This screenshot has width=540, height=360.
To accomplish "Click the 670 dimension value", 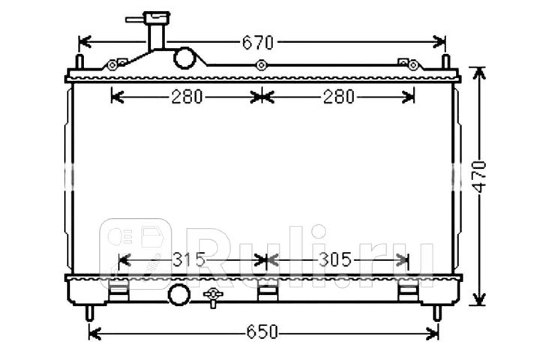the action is [258, 43].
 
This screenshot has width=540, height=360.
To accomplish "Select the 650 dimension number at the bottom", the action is [262, 332].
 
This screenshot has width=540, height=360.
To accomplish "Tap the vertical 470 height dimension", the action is [479, 177].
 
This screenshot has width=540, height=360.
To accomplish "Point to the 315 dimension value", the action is [189, 260].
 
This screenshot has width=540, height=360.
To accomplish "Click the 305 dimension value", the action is [335, 260].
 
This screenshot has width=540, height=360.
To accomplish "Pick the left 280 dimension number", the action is [187, 97].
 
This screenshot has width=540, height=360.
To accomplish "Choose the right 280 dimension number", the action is [339, 97].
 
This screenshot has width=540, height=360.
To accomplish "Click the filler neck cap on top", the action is [157, 18].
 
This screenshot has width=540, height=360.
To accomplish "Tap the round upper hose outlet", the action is [184, 58].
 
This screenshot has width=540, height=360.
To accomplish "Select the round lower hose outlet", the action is [179, 295].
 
